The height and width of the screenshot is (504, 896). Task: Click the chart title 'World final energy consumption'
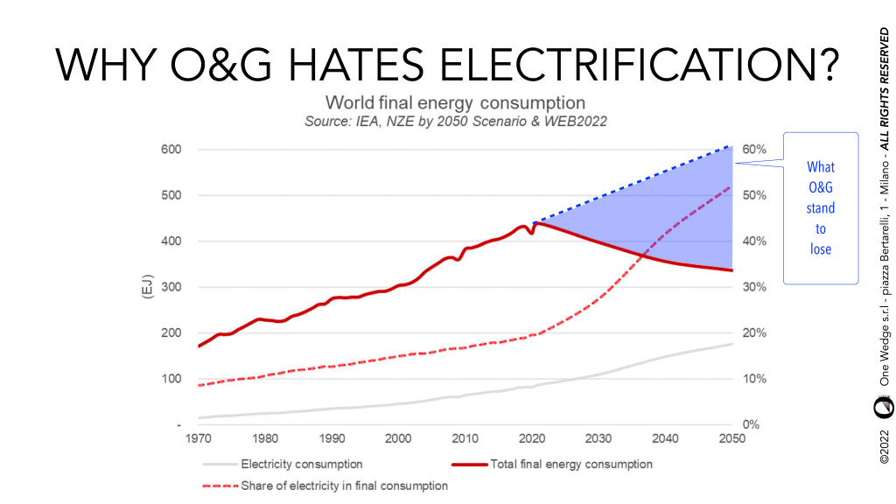point(455,101)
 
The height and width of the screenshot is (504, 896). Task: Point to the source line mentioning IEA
point(455,121)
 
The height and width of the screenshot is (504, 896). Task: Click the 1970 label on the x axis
point(199,439)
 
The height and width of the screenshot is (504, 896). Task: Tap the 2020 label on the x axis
point(531,439)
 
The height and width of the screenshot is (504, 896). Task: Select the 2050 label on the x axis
point(731,439)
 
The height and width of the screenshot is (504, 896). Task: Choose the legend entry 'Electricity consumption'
point(301,464)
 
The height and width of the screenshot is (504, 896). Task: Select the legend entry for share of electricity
point(344,486)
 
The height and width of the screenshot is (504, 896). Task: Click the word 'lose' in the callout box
point(820,249)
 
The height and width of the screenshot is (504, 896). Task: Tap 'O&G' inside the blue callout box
point(820,187)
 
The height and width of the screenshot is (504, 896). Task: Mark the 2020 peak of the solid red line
point(535,223)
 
